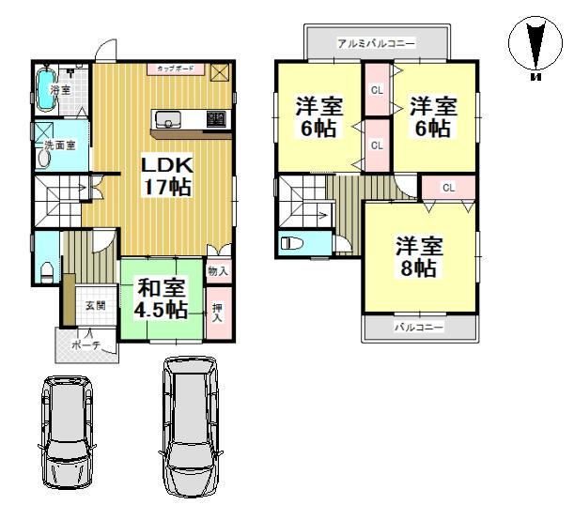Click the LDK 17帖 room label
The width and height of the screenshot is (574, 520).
tap(166, 176)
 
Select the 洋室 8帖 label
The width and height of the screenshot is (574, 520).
tap(418, 257)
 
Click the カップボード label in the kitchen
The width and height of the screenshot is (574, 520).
tap(176, 69)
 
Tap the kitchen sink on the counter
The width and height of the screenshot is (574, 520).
tap(169, 118)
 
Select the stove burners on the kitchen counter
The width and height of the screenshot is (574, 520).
tap(216, 118)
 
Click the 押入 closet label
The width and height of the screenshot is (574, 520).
tap(218, 311)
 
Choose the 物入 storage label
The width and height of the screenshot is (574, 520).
tap(218, 271)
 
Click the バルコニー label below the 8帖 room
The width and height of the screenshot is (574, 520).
tap(418, 328)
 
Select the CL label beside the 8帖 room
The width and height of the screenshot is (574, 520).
tap(448, 187)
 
